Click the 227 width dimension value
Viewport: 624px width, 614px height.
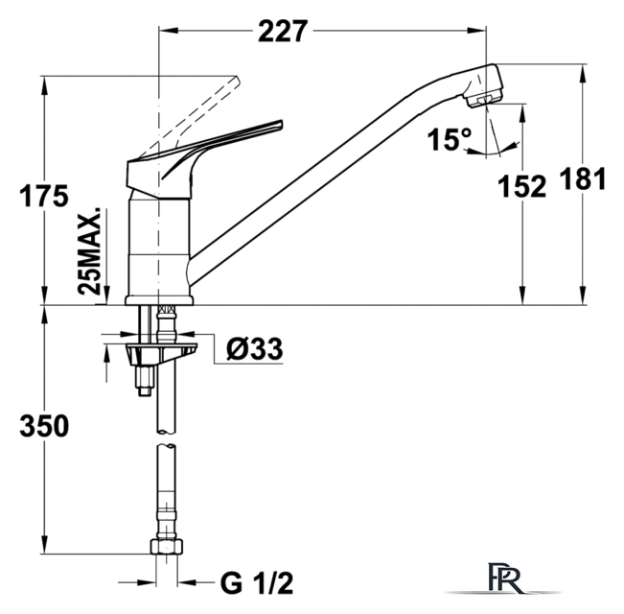pyautogui.click(x=283, y=31)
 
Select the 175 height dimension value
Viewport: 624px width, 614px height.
pyautogui.click(x=44, y=196)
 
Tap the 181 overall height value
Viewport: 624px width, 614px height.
pyautogui.click(x=583, y=178)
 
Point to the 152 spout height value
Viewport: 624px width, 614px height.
pyautogui.click(x=521, y=186)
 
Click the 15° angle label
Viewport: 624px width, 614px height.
pyautogui.click(x=450, y=139)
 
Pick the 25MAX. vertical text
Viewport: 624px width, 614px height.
pyautogui.click(x=89, y=251)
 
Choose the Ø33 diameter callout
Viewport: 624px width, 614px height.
pyautogui.click(x=255, y=349)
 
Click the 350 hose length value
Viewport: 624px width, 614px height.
pyautogui.click(x=44, y=426)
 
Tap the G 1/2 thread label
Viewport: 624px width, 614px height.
pyautogui.click(x=257, y=583)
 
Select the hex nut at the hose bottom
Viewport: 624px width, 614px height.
pyautogui.click(x=167, y=546)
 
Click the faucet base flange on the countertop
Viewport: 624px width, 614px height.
pyautogui.click(x=159, y=300)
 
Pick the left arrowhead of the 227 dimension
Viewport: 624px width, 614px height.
pyautogui.click(x=168, y=31)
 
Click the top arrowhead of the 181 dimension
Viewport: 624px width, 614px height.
pyautogui.click(x=583, y=73)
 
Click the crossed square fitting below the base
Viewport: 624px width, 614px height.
pyautogui.click(x=167, y=309)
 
